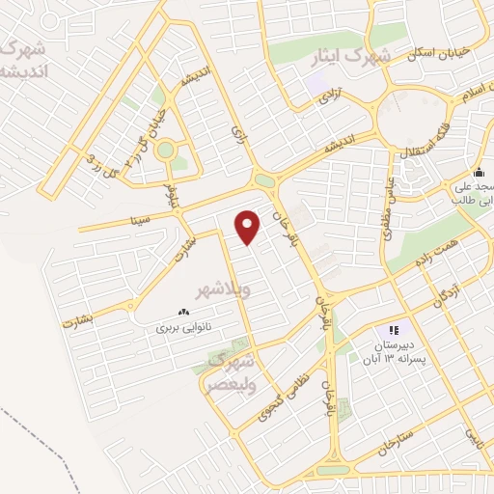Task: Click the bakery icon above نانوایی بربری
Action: click(182, 312)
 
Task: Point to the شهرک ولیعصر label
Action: click(230, 371)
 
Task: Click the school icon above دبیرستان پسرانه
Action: click(393, 330)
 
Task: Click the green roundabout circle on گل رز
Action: click(165, 150)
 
